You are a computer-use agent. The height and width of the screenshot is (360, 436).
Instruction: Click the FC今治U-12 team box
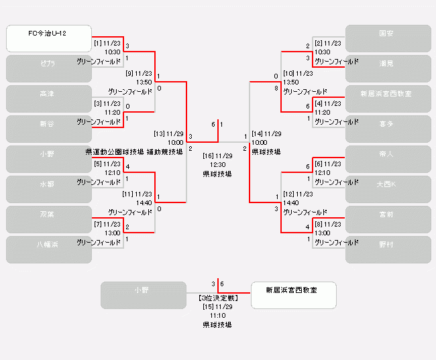click(x=48, y=38)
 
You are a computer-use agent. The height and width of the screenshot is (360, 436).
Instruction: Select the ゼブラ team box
click(x=48, y=68)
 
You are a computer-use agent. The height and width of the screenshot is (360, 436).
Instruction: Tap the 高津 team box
click(x=48, y=99)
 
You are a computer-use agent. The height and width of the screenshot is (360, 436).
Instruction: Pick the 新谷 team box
click(x=48, y=129)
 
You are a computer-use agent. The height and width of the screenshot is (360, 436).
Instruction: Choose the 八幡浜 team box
click(x=48, y=249)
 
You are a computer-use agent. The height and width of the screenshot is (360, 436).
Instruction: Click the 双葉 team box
click(x=48, y=219)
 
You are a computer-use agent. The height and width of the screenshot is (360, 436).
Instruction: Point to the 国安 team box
click(x=388, y=38)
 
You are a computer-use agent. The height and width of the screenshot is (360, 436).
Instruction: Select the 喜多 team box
click(x=388, y=129)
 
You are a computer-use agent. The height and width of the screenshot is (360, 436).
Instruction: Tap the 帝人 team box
click(x=388, y=159)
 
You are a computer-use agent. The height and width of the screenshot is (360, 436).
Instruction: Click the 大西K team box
click(x=388, y=189)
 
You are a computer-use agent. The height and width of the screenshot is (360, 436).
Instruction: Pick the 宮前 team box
click(x=388, y=219)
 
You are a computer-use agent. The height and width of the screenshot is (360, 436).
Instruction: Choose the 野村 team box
click(x=388, y=249)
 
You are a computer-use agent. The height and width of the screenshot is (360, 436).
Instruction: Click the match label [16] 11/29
click(x=217, y=156)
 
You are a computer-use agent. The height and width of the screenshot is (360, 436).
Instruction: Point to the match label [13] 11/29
click(x=168, y=133)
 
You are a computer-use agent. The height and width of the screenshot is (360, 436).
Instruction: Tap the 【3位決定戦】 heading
click(x=217, y=297)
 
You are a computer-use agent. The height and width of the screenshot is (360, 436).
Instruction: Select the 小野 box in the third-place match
click(x=143, y=295)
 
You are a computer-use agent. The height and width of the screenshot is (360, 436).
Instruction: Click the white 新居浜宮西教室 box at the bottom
click(x=293, y=295)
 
